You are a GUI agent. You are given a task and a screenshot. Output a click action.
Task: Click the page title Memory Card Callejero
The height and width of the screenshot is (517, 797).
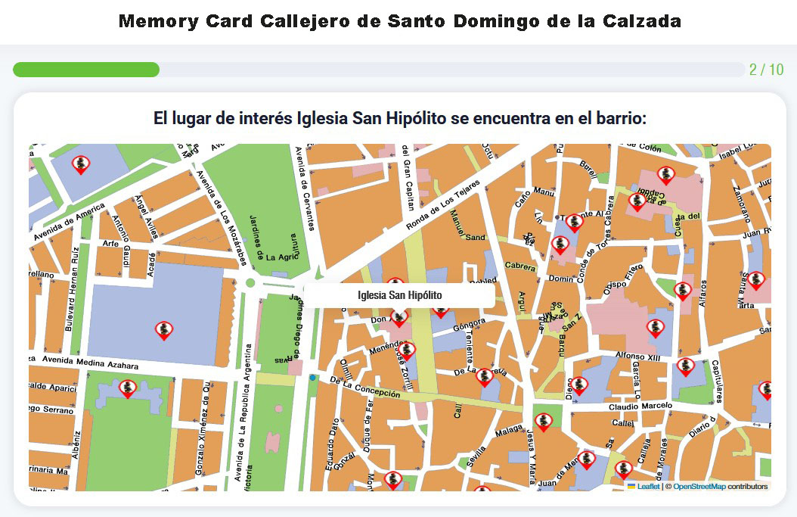(x=399, y=21)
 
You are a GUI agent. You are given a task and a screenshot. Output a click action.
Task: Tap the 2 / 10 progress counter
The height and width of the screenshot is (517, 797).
(x=766, y=70)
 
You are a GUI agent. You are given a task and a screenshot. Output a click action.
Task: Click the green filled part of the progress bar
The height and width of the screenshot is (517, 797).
(x=85, y=70)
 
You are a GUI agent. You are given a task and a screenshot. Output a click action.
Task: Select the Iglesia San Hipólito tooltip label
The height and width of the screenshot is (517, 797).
(x=399, y=295)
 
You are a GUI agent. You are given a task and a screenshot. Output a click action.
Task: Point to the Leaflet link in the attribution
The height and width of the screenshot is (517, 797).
(x=648, y=487)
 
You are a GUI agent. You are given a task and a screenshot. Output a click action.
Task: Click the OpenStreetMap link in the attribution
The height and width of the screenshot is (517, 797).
(x=699, y=487)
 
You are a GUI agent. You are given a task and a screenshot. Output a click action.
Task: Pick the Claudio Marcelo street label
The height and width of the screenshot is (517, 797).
(x=640, y=406)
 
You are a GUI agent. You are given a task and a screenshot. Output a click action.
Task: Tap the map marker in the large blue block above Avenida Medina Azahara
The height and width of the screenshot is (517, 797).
(x=164, y=330)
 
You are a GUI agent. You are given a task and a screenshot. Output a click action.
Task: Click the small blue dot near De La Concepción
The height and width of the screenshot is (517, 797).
(x=312, y=377)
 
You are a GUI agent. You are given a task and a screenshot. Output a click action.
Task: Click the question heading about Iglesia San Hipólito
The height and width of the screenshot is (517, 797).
(x=399, y=119)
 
